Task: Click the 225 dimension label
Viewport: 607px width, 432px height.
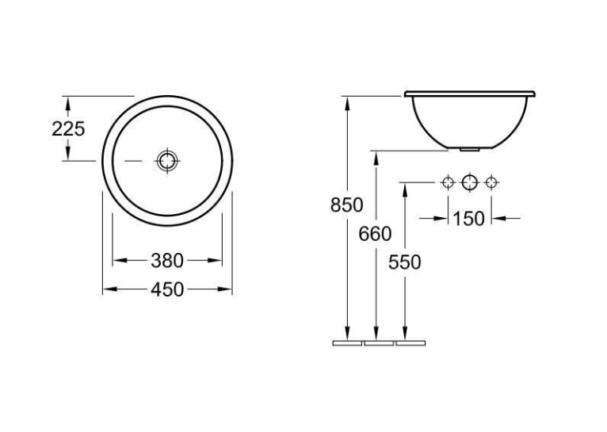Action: point(68,129)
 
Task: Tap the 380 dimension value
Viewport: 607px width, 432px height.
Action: point(167,261)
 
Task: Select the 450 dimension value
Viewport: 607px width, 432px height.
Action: point(167,289)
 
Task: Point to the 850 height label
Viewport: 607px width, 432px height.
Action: point(346,205)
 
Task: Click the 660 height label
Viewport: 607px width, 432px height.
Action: point(375,234)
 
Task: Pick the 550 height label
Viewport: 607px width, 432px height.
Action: point(404,262)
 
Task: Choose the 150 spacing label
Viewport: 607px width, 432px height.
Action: point(468,219)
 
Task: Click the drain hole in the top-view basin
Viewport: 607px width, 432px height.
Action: point(167,160)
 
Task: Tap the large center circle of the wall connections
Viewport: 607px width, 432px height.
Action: point(470,182)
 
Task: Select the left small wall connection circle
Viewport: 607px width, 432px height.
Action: point(448,182)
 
